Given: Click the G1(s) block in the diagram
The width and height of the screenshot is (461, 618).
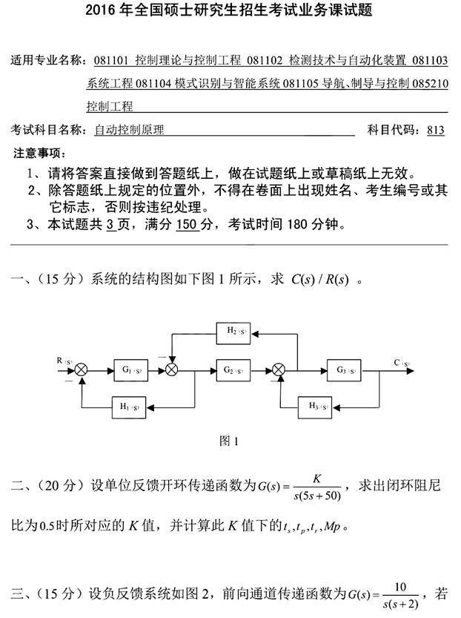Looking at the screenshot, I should pos(131,369).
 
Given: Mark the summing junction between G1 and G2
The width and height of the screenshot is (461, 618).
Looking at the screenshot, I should pos(173,369).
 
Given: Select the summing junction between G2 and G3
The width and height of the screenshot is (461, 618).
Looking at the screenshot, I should pos(279,369).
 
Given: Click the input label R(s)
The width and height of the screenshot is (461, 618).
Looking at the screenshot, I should pos(64,361).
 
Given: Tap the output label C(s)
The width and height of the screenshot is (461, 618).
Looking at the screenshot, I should pos(402,362).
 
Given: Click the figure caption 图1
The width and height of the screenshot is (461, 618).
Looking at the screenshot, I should pos(230,441).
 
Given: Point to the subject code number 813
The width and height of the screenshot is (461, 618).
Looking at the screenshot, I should pos(436,130).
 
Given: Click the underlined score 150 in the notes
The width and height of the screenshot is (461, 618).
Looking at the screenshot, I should pos(187,223).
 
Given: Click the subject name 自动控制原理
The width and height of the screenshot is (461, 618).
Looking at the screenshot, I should pos(130,130).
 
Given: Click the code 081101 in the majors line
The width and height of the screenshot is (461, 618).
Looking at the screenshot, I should pos(112,60).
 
